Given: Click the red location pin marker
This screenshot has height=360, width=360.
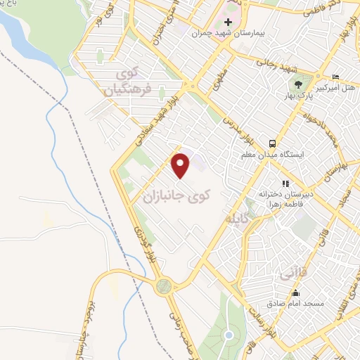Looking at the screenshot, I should point(181,165).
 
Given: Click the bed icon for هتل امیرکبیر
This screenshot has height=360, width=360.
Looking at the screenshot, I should point(335,77).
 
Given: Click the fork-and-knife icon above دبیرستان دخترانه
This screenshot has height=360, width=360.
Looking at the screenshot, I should point(285,184).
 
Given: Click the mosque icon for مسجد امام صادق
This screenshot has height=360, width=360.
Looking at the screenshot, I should point(295,293).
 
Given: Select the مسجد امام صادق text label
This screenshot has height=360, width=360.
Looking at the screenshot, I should point(295,304).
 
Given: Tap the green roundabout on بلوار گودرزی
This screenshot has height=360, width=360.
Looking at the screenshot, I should point(164,285).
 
